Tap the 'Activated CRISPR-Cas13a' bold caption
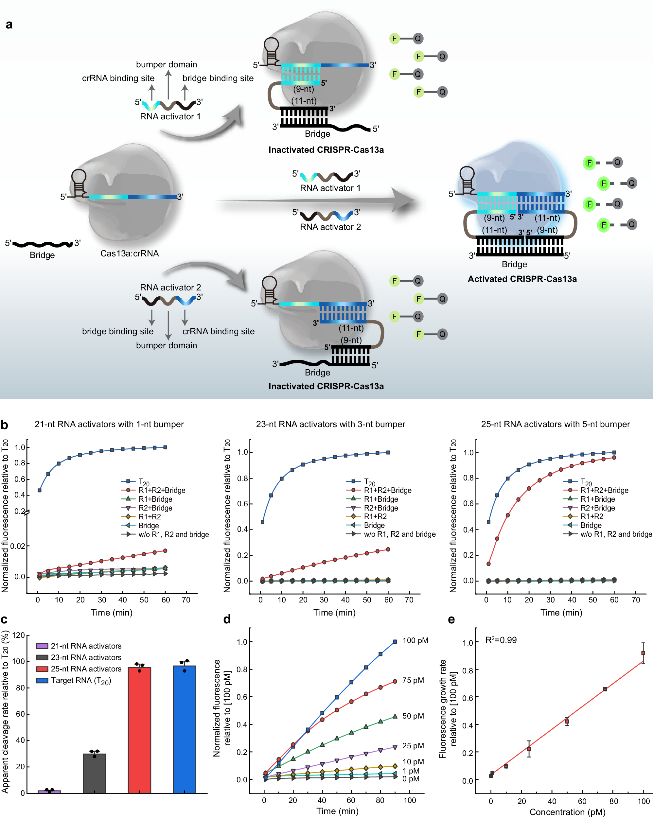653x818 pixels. (x=522, y=279)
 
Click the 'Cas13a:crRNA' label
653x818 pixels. (x=129, y=253)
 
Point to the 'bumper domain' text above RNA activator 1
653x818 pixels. (x=166, y=64)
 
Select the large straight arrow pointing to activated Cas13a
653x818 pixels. (x=315, y=200)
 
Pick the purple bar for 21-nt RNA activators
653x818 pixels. (x=49, y=792)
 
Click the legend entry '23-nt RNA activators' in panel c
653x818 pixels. (x=86, y=657)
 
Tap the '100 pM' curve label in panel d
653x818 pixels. (x=415, y=640)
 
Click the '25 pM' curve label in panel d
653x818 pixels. (x=413, y=745)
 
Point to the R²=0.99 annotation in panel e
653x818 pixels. (x=501, y=640)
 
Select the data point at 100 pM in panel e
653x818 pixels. (x=643, y=653)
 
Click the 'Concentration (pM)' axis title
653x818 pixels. (x=567, y=812)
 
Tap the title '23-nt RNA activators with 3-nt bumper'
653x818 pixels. (x=330, y=424)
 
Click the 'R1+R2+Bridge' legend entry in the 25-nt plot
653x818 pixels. (x=604, y=490)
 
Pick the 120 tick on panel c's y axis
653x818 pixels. (x=18, y=635)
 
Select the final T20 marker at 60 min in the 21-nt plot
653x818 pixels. (x=165, y=447)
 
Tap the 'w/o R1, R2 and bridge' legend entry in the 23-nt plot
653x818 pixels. (x=399, y=534)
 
